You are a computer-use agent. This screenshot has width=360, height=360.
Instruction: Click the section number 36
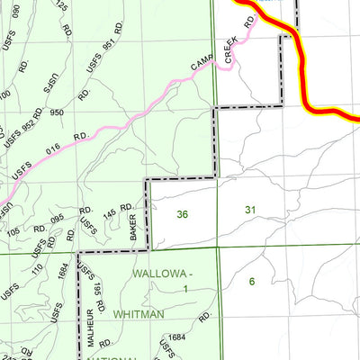(x=183, y=214)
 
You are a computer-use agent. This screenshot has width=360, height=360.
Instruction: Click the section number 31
(x=250, y=210)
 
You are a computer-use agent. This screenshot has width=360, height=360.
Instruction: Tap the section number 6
(x=252, y=281)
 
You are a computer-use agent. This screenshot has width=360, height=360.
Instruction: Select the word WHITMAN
(x=139, y=313)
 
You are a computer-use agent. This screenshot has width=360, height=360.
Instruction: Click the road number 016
(x=53, y=147)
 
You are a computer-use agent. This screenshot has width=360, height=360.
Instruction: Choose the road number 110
(x=38, y=267)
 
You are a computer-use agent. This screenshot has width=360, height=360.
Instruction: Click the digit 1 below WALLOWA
(x=184, y=289)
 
